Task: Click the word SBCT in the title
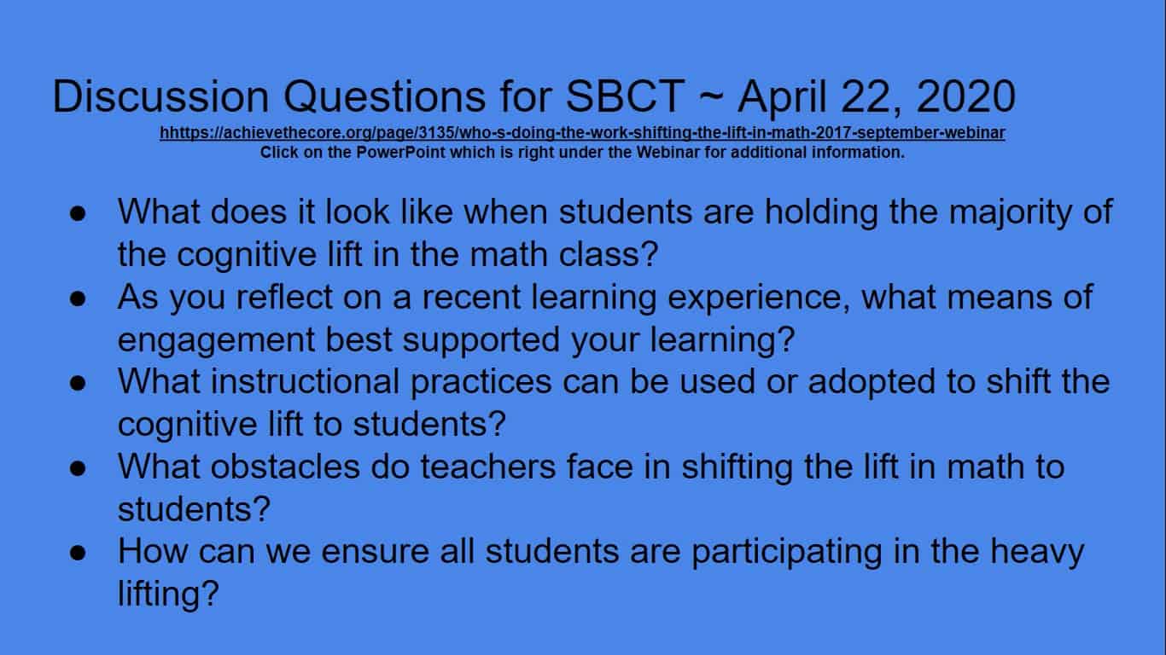[624, 96]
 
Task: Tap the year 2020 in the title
[965, 96]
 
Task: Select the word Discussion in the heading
[160, 96]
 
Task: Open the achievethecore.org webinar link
[582, 133]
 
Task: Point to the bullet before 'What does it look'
[78, 214]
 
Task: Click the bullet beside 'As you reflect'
[78, 299]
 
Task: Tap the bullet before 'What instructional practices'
[78, 384]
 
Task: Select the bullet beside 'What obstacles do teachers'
[78, 468]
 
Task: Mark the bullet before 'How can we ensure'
[78, 553]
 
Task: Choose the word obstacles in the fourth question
[285, 467]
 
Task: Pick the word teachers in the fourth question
[488, 467]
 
